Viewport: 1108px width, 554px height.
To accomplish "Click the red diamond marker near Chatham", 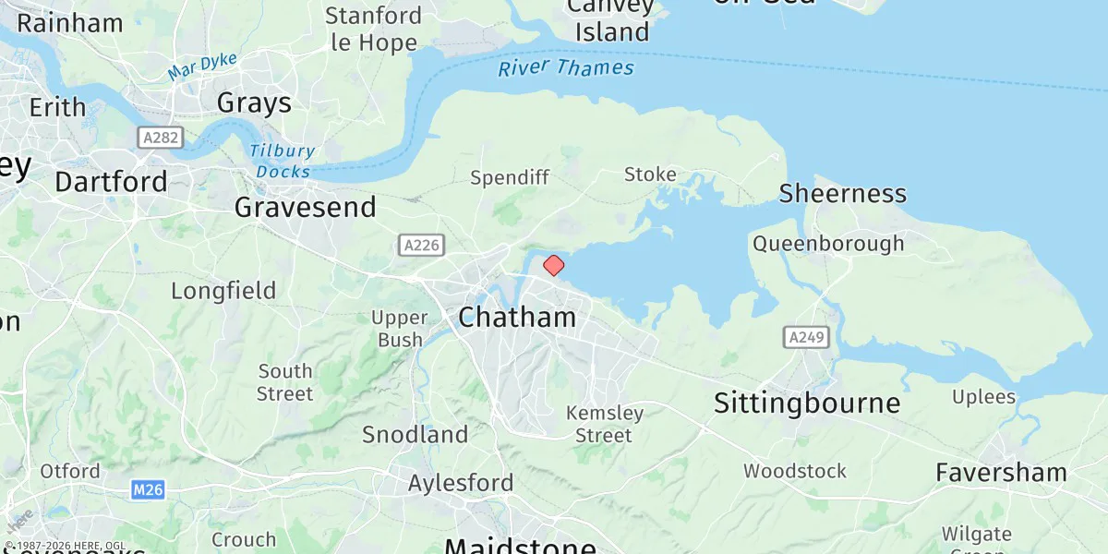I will coord(553,266).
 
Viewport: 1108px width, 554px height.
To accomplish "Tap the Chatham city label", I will coord(517,318).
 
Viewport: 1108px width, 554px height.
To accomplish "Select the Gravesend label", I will coord(306,207).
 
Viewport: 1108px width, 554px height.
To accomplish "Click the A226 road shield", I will coord(422,245).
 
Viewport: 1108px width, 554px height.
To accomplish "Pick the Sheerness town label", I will coord(842,194).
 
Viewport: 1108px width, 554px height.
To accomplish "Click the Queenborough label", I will coord(828,244).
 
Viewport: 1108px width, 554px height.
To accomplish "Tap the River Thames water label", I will coord(566,68).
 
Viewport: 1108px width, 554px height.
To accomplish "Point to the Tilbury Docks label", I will coord(283,161).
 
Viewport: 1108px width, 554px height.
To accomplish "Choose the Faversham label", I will coord(1001,473).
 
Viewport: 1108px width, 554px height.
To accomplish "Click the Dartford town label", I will coord(111,181).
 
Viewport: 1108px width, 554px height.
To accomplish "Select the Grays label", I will coord(254,102).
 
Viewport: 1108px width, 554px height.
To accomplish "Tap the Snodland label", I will coord(415,434).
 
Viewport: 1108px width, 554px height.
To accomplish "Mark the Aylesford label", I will coord(461,483).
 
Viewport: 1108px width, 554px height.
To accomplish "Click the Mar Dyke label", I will coord(202,66).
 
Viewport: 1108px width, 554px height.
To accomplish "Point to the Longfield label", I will coord(223,291).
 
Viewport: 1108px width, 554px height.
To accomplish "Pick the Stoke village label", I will coord(650,175).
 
